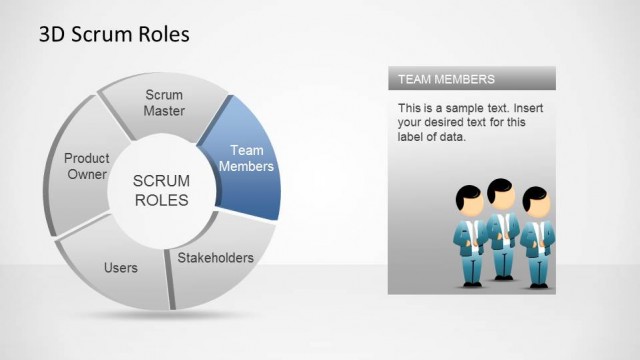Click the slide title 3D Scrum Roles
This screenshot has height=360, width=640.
(x=113, y=35)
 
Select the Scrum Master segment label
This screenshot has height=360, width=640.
(x=164, y=103)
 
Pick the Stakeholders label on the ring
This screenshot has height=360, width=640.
(x=215, y=258)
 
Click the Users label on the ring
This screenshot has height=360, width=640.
(x=121, y=268)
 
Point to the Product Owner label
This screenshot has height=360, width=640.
(x=86, y=166)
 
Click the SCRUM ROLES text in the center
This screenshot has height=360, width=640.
(x=161, y=189)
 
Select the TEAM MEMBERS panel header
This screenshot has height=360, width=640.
(x=446, y=78)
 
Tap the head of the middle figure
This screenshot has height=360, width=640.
(x=502, y=192)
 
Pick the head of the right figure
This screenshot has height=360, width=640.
(x=536, y=197)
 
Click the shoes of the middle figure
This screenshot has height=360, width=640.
(x=503, y=275)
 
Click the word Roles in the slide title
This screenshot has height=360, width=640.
(x=163, y=35)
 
